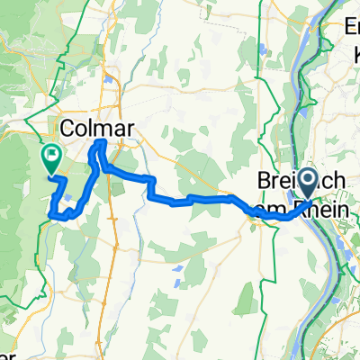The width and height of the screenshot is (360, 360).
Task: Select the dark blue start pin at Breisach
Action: [x=307, y=184]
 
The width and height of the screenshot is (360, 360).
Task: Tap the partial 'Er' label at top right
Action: [x=349, y=28]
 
